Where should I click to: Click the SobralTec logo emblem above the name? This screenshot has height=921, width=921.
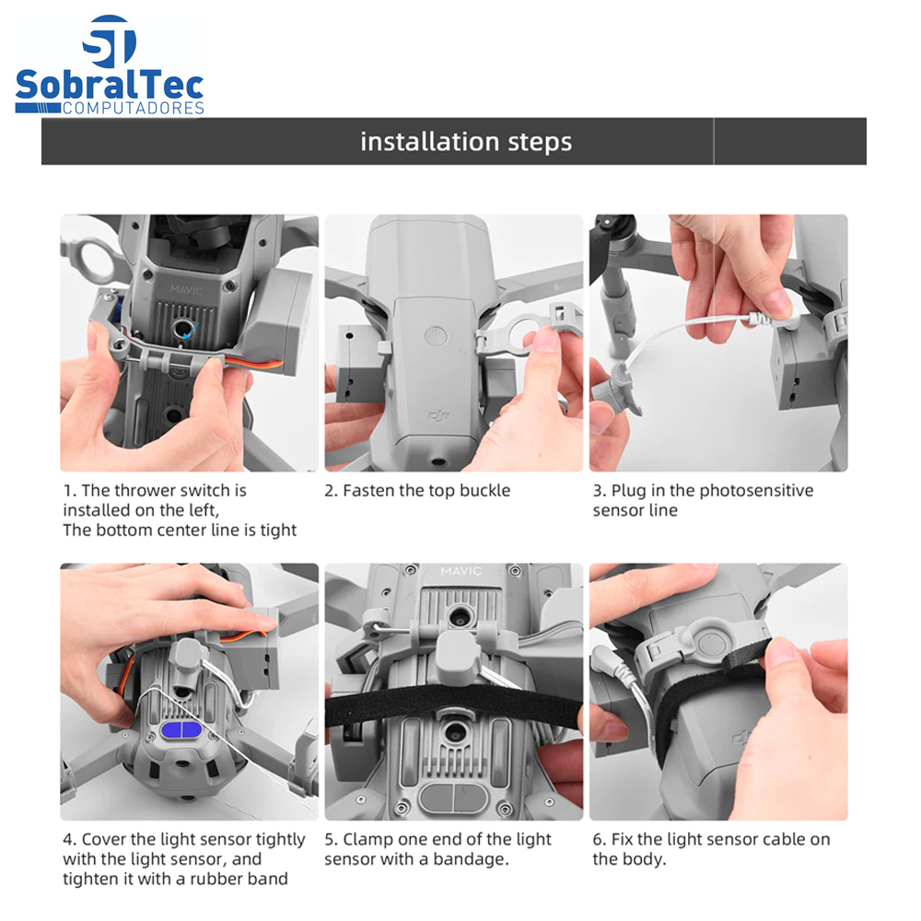(x=110, y=41)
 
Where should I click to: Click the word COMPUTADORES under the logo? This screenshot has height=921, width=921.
(x=134, y=108)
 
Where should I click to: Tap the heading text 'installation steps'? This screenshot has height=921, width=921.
(x=466, y=142)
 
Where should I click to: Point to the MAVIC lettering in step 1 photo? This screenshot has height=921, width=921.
(x=187, y=289)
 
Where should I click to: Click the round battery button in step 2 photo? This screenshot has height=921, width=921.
(x=436, y=337)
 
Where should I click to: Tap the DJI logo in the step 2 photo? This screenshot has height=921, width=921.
(x=438, y=416)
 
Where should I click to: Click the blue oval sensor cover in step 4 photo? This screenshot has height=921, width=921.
(x=181, y=732)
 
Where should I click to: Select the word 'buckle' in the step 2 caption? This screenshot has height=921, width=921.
(x=484, y=491)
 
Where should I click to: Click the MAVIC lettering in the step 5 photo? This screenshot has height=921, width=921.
(x=461, y=571)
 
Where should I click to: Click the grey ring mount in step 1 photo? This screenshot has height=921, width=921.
(x=94, y=259)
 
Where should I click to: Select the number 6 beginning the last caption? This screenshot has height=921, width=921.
(x=597, y=840)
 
